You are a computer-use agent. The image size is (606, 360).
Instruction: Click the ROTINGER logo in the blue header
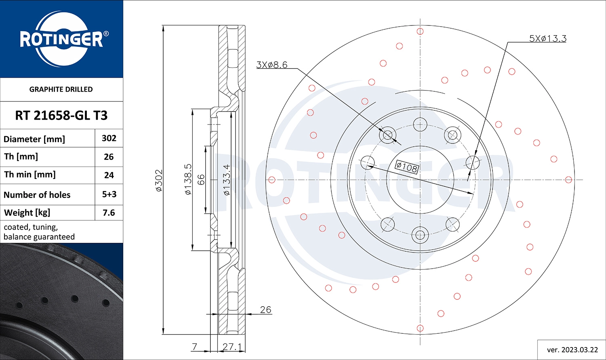pos(61,39)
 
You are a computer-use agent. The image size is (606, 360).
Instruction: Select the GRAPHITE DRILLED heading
pos(61,89)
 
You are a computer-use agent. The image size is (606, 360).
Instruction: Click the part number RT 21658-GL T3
pos(61,116)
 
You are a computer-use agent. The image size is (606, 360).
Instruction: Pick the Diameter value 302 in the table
pos(109,138)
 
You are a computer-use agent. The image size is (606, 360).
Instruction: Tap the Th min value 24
pos(109,175)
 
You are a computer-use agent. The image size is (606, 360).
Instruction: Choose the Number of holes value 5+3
pos(109,194)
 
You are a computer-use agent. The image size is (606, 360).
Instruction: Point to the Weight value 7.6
pos(109,213)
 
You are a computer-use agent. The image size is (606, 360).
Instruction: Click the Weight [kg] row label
pos(27,213)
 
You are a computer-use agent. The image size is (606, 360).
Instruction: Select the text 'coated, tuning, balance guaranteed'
pos(39,232)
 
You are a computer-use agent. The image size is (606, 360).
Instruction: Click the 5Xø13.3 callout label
pos(547,38)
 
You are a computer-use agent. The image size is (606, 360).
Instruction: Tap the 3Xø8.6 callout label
pos(272,65)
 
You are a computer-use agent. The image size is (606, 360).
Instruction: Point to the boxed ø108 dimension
pos(406,167)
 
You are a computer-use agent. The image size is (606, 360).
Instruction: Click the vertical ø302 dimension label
pos(159,180)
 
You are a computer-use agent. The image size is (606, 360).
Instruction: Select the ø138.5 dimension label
pos(188,179)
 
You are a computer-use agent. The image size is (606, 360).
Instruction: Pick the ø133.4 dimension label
pos(227,180)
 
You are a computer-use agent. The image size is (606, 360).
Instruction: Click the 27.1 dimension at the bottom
pos(232,347)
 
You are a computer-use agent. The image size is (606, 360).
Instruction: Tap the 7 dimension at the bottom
pos(195,347)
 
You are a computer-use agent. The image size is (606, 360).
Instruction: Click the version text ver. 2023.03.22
pos(572,349)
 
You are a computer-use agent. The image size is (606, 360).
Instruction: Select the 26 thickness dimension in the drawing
pos(265,309)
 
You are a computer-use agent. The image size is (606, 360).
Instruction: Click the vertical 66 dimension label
pos(201,179)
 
